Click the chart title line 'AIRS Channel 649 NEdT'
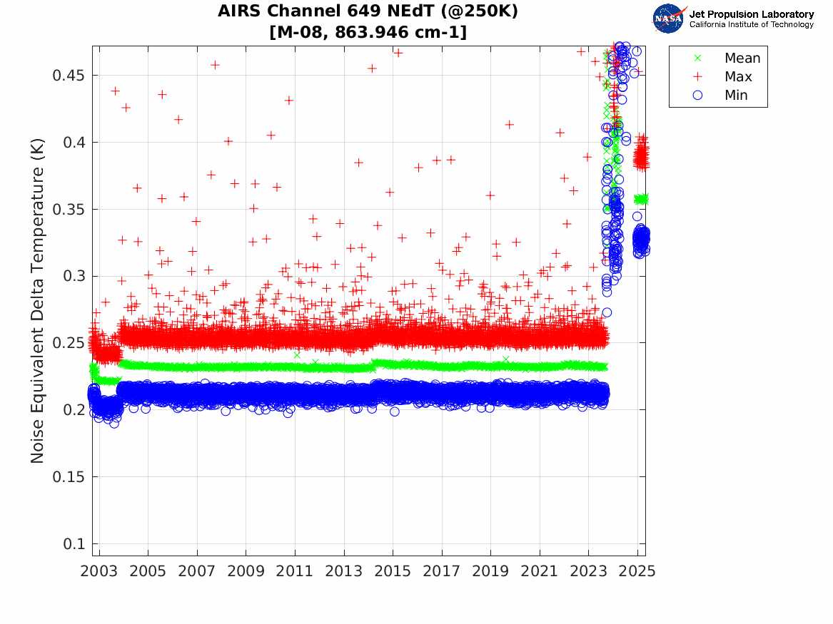click(368, 11)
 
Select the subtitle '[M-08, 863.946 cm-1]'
click(368, 32)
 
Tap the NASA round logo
click(668, 19)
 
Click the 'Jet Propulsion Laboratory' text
click(751, 14)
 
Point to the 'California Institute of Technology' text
click(751, 25)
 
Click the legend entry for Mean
click(742, 58)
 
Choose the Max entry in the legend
click(737, 77)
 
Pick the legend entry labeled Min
click(736, 96)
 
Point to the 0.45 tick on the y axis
click(69, 76)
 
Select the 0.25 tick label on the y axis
click(69, 343)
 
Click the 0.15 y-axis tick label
click(69, 476)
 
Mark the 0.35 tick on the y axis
click(69, 210)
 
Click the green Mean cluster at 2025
click(641, 199)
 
